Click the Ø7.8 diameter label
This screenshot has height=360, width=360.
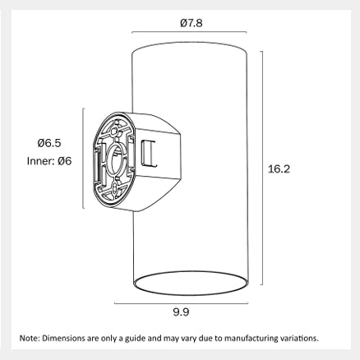[192, 23]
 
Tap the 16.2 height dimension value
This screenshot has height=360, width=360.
[279, 169]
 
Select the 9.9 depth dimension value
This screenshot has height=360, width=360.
[181, 312]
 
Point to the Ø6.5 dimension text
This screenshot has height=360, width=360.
[49, 143]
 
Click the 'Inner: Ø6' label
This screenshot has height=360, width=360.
[49, 161]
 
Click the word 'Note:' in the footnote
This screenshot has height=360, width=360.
[30, 338]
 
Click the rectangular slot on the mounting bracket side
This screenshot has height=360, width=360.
[149, 153]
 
